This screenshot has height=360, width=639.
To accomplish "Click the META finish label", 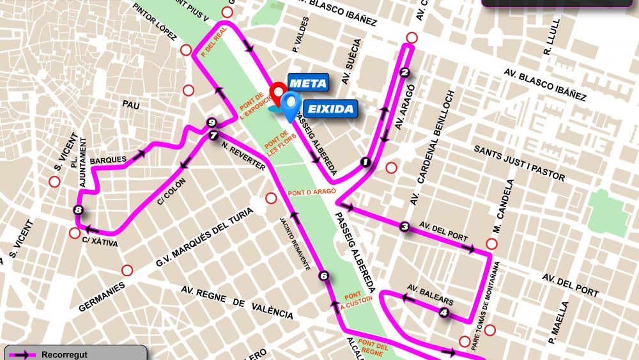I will coord(309,82).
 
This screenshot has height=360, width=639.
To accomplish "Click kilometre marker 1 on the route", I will coord(366,162).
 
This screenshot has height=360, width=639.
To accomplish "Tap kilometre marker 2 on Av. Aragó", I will coord(404,72).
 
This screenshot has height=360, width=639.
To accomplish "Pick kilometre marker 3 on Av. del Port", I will coord(404,226).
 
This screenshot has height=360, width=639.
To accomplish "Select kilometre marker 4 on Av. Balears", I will coord(444,313).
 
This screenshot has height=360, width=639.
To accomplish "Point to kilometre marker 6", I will coord(324,276).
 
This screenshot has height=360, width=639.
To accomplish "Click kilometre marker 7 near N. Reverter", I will coord(213,136).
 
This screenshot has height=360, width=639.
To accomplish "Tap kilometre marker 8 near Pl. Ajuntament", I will coord(78,210).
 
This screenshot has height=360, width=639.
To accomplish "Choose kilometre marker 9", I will coord(212,123).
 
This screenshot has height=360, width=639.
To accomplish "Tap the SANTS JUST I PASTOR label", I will coord(520,162).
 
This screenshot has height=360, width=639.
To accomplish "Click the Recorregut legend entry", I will coord(64,354).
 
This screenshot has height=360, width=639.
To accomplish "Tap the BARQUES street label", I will coord(104,160).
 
